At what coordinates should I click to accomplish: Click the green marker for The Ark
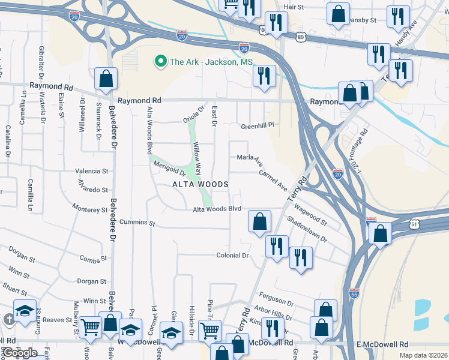[160, 61]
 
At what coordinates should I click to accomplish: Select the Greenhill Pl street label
[257, 126]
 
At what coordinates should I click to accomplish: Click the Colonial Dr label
[232, 256]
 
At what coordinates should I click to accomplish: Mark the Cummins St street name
[137, 223]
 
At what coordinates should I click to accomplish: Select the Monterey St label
[89, 209]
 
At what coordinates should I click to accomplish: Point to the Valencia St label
[91, 171]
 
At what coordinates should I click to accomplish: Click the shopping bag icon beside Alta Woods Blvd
[259, 221]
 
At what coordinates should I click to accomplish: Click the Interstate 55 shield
[354, 293]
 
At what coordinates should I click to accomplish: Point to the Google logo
[19, 353]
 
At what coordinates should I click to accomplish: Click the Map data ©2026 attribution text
[423, 355]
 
